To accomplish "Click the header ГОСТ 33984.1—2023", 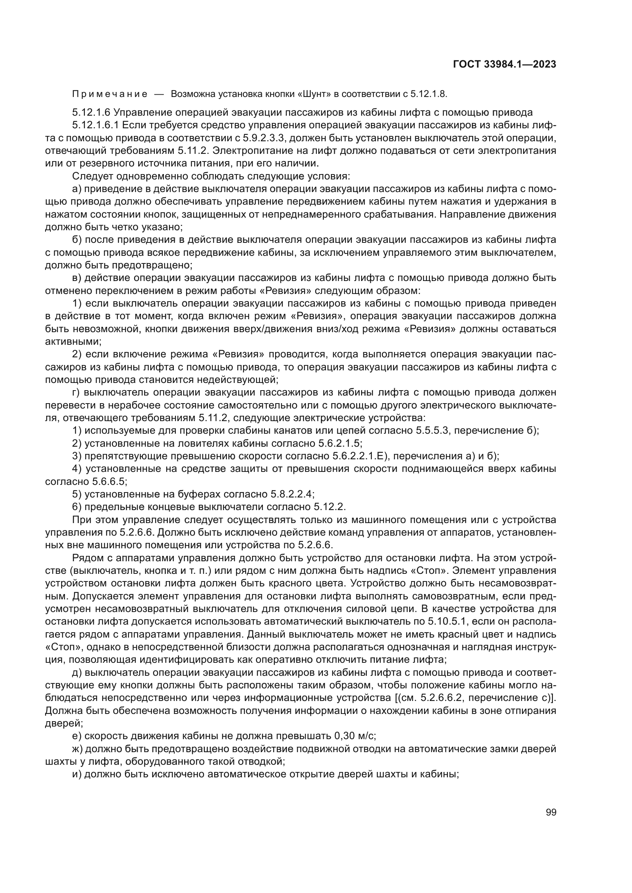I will pyautogui.click(x=504, y=65).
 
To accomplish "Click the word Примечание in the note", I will pyautogui.click(x=110, y=94).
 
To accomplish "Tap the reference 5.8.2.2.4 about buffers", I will pyautogui.click(x=292, y=494).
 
